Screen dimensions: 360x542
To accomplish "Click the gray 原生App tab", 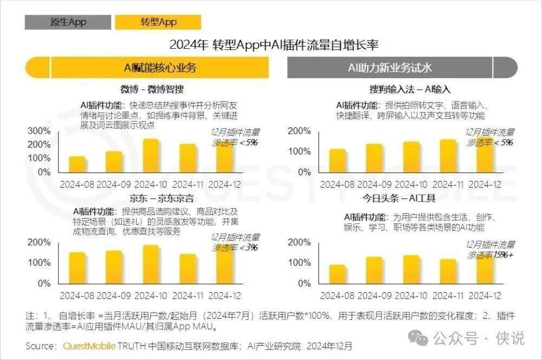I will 68,22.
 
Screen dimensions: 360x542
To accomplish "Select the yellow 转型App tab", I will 158,22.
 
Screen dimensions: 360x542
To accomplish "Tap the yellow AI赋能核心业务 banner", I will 160,68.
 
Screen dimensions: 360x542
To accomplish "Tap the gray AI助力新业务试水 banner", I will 390,68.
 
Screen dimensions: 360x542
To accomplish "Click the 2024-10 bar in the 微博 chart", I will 151,156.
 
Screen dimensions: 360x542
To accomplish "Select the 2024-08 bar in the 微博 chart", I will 77,164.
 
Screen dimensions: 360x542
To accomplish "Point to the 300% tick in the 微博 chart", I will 39,131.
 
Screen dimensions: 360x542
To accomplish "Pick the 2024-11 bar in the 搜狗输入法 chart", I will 448,156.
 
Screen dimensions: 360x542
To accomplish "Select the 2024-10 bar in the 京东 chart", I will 151,264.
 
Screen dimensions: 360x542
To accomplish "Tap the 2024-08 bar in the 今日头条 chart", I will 337,274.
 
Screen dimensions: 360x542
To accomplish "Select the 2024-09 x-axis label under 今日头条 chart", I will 373,295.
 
